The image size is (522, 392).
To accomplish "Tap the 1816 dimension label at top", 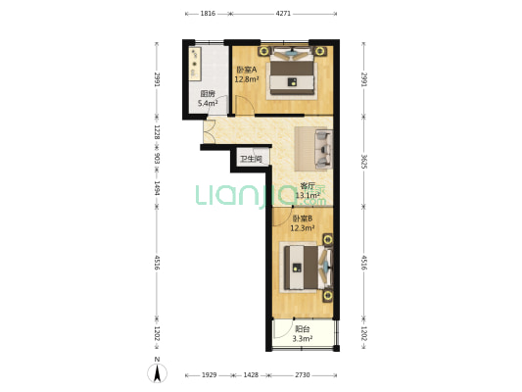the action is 208,14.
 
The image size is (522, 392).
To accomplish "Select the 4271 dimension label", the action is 283,14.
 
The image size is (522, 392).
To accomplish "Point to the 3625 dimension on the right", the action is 364,162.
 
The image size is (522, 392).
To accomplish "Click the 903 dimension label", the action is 157,158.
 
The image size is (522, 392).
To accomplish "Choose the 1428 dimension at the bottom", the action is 251,375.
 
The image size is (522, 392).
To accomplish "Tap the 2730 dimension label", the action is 303,375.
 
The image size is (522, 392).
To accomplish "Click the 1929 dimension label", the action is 209,375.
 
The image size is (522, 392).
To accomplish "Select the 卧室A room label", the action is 247,70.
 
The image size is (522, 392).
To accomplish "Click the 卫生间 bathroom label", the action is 251,159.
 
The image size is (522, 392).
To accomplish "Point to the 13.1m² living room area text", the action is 308,195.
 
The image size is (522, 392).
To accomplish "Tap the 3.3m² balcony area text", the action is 303,339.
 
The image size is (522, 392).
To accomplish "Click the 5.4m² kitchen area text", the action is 208,103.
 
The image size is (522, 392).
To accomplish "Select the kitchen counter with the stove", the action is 195,64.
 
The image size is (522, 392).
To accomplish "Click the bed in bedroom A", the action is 292,73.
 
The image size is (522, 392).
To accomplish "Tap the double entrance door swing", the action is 209,131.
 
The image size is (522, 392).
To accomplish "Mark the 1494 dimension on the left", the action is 157,188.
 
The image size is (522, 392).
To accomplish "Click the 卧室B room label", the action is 303,219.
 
